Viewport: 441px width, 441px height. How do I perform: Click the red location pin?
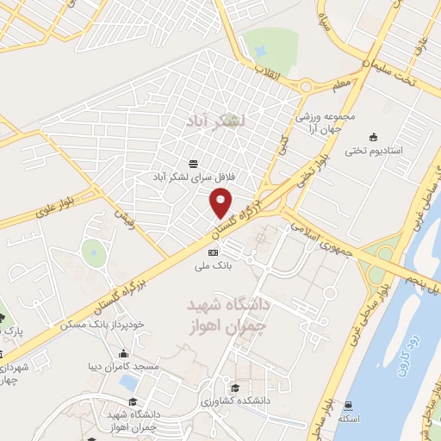(222, 203)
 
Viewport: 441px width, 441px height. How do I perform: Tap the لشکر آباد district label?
(215, 121)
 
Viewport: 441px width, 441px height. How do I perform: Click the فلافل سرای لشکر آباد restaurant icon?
(192, 162)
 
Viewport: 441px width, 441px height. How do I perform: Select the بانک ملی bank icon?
(213, 252)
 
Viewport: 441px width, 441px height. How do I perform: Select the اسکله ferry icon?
(347, 404)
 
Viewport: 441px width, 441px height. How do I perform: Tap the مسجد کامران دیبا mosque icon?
(124, 353)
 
